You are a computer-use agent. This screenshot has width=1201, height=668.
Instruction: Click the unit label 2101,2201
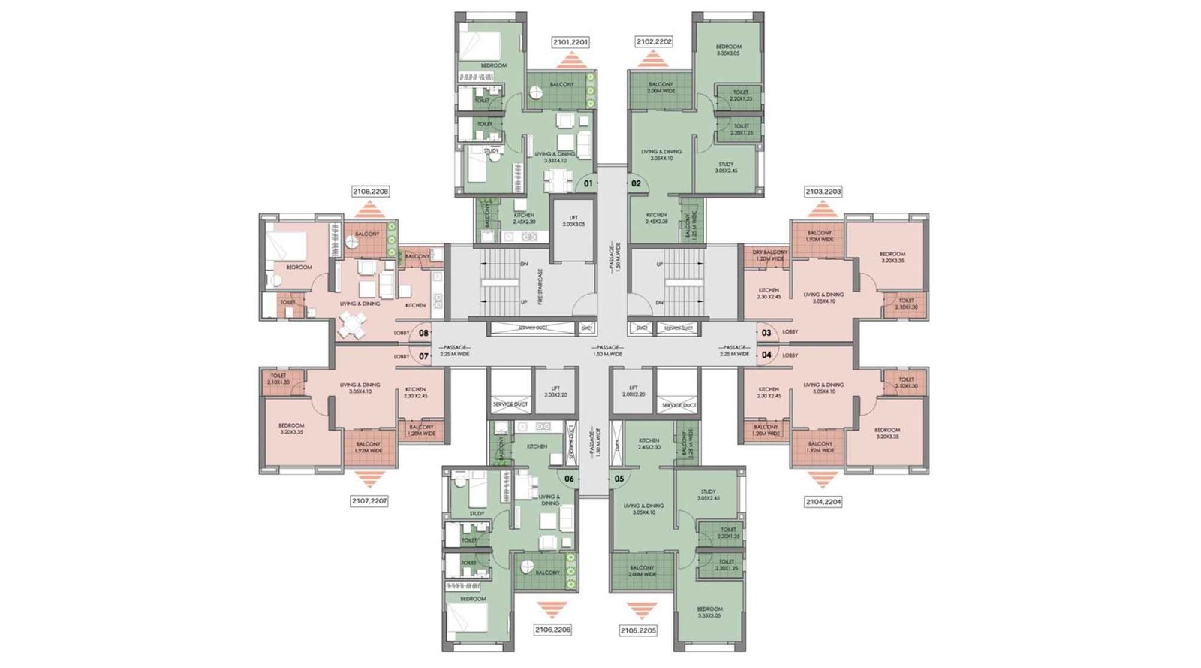[570, 42]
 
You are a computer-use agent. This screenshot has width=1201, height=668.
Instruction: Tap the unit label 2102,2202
[654, 42]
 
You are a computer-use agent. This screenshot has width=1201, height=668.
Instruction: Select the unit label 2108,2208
[370, 192]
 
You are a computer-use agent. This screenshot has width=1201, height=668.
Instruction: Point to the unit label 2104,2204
[823, 501]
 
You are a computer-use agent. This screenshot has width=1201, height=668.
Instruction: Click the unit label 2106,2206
[552, 630]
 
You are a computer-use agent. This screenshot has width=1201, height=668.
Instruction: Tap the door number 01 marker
[588, 183]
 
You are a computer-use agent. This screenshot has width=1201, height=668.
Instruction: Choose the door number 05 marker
[619, 479]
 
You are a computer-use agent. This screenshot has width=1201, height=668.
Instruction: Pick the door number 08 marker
[423, 333]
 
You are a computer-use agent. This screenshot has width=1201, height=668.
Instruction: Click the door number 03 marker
[766, 333]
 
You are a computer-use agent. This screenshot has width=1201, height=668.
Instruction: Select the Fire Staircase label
[540, 286]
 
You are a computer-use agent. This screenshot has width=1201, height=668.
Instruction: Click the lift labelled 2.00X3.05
[574, 221]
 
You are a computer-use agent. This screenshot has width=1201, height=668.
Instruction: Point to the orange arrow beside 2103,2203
[823, 208]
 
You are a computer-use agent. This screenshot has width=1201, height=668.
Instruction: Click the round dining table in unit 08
[352, 325]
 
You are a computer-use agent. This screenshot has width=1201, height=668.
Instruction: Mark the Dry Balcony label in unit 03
[769, 255]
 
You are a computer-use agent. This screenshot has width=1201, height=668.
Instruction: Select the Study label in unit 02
[726, 167]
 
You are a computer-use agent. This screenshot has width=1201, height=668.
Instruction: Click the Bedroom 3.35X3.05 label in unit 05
[709, 612]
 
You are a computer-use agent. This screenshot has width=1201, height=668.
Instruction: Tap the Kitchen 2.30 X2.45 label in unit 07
[415, 392]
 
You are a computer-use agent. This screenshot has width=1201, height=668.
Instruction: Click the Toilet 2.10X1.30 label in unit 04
[906, 382]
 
